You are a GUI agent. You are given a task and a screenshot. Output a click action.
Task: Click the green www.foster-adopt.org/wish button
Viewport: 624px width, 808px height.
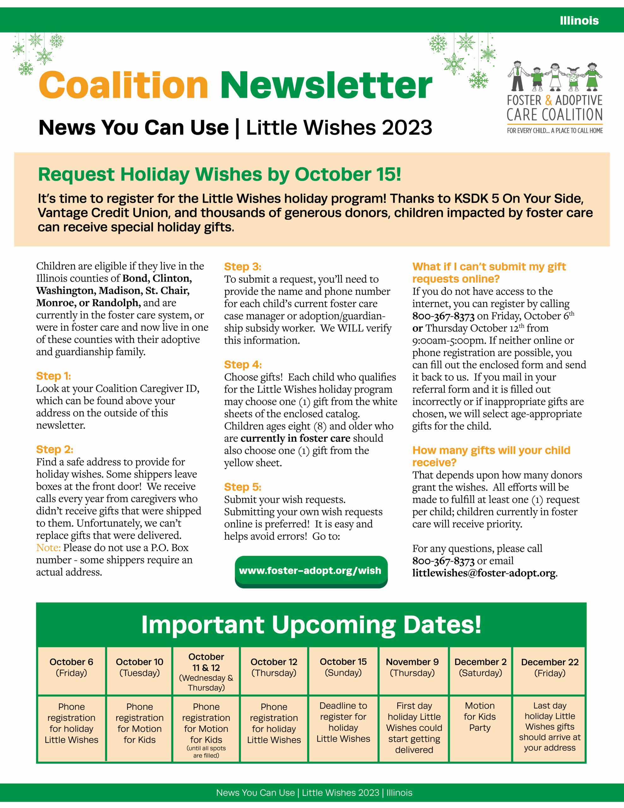pos(311,571)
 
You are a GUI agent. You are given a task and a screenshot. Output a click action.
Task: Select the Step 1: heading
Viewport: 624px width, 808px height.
pos(54,376)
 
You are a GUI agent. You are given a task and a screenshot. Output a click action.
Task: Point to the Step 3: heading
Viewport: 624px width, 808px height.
pos(243,267)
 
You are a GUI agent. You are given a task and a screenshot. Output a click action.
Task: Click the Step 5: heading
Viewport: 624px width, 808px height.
pos(243,487)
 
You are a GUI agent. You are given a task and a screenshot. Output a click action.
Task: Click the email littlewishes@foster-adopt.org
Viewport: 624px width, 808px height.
pos(484,573)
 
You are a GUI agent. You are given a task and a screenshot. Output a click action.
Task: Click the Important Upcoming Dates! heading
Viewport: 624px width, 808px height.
pos(311,625)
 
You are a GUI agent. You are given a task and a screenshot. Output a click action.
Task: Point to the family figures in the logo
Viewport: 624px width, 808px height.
pos(555,77)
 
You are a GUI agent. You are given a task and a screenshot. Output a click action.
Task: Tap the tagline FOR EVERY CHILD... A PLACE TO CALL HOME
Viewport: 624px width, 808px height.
pos(555,131)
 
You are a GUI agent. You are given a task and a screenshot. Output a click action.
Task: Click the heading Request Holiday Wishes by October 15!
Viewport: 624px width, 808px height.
pos(219,174)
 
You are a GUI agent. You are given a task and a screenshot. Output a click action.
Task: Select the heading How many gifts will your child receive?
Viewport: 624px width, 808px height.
pos(491,456)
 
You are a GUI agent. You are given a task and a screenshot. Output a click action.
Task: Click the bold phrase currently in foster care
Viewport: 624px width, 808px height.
pos(295,438)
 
